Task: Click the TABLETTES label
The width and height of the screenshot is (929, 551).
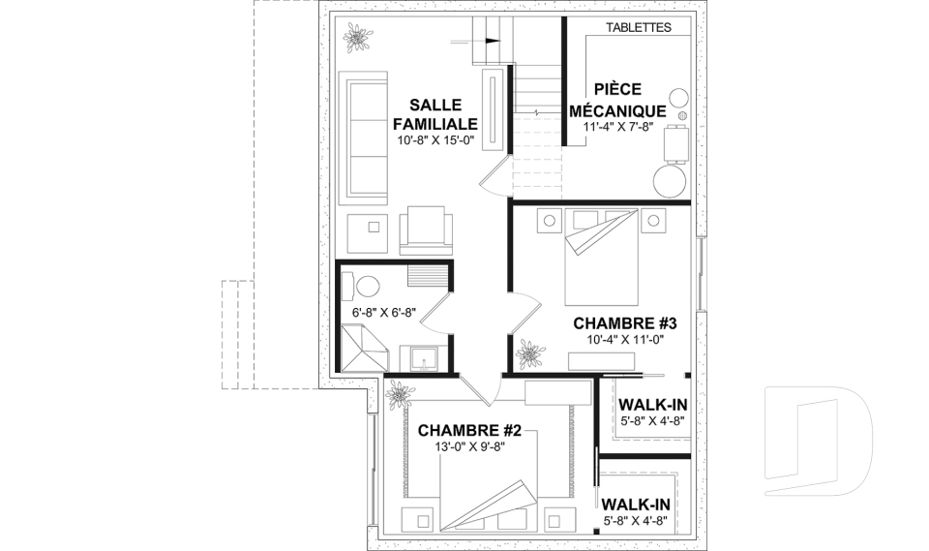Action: [639, 27]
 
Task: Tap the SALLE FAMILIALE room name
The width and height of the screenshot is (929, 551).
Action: [435, 114]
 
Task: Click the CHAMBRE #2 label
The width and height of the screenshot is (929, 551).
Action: [469, 431]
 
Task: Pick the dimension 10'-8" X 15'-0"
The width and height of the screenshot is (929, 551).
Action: [436, 140]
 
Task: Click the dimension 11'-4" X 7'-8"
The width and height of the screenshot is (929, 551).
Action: [617, 126]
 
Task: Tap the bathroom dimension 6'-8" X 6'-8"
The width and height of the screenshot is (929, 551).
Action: [383, 312]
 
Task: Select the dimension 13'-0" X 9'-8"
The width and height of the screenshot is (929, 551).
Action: [469, 446]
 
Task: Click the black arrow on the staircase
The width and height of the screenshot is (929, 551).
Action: [493, 41]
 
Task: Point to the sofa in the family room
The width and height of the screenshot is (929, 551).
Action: [363, 138]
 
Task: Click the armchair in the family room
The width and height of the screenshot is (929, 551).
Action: [426, 230]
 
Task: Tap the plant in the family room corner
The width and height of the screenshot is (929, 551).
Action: [357, 37]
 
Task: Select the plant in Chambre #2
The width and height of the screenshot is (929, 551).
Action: [401, 393]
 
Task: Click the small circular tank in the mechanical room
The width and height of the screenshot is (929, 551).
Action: [678, 97]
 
